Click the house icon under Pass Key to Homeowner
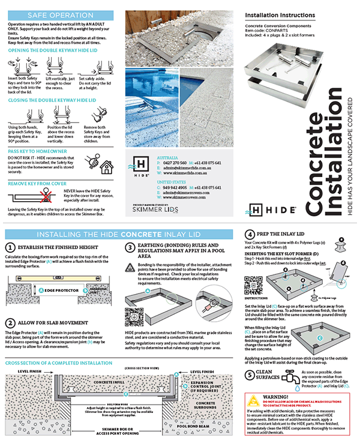106,166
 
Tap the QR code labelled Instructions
253,282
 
